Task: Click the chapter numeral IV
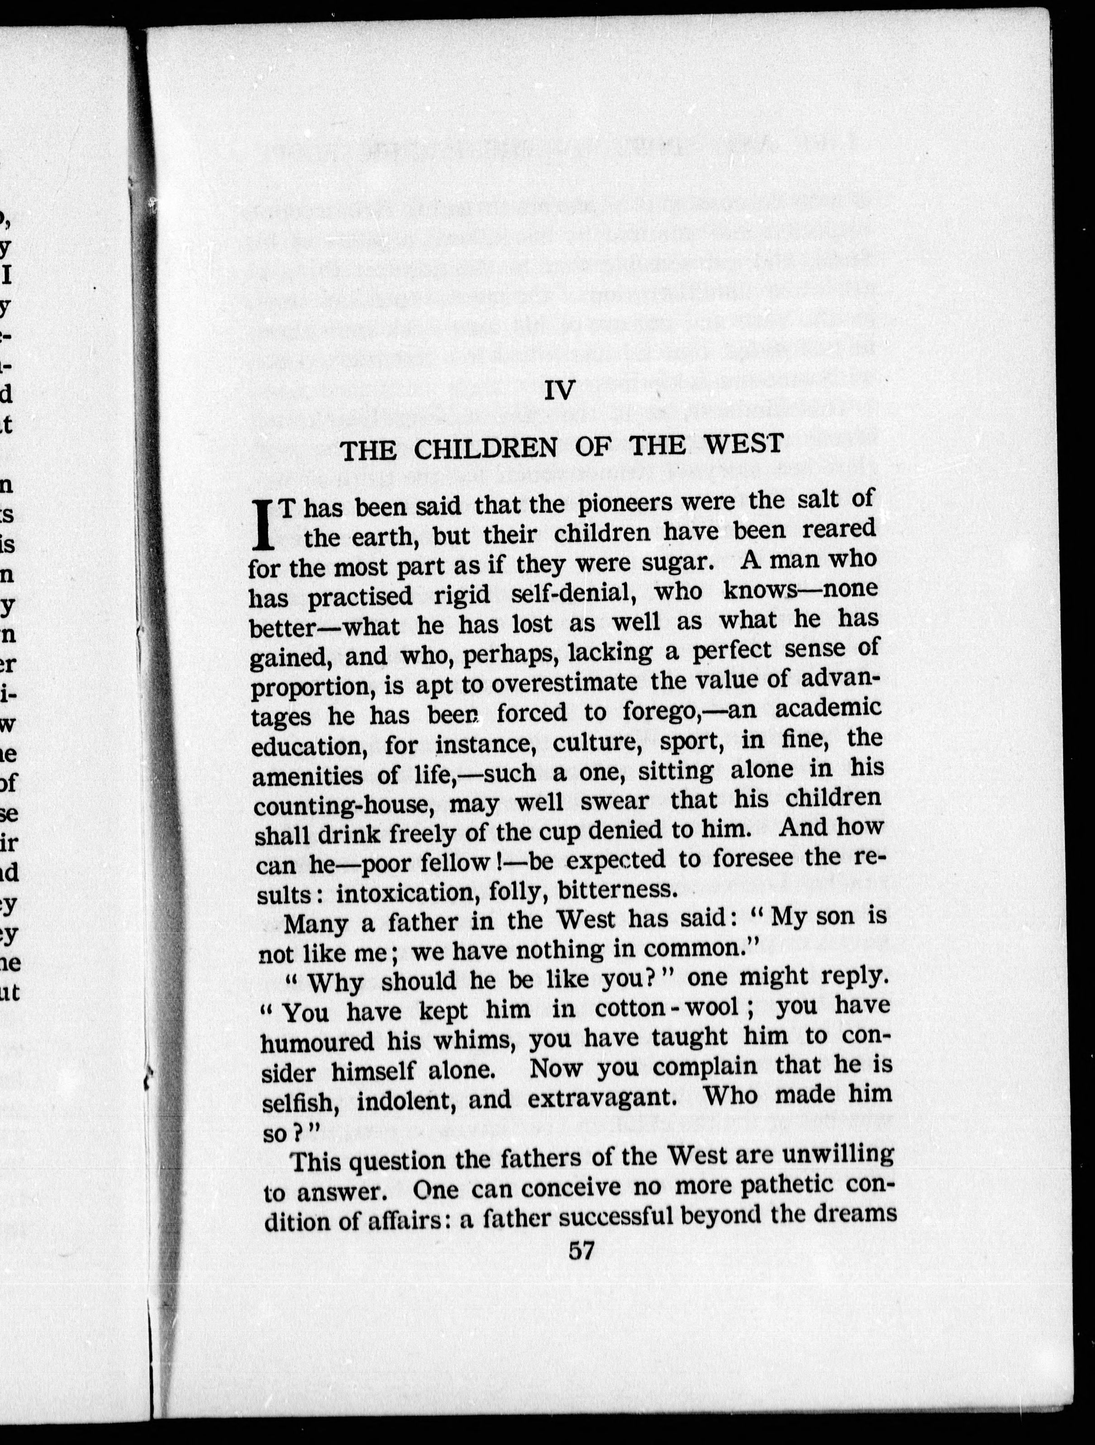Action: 560,391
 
